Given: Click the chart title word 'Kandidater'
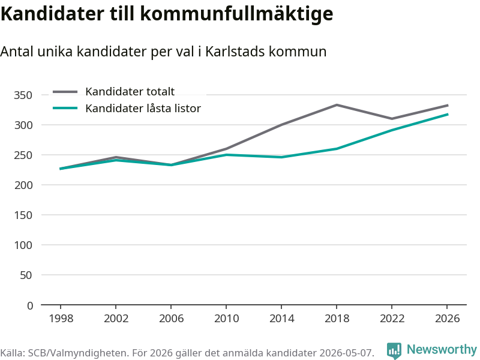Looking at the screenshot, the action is pos(52,14).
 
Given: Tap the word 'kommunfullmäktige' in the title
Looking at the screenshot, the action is pos(236,14).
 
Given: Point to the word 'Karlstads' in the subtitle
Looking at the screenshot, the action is pos(234,52).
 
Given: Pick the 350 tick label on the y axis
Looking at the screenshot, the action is pos(23,95).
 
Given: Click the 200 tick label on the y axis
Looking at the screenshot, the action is pos(23,185).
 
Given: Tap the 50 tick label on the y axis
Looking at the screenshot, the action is pos(26,275).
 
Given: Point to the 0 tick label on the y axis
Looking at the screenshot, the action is pos(29,305).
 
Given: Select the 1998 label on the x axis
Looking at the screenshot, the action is pos(61,319).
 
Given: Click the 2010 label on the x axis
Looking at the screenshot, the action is pos(226,319).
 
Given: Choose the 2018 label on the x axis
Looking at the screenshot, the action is pos(337,319).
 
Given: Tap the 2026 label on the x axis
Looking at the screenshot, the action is pos(447,319).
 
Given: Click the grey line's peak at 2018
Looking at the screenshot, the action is pos(337,105).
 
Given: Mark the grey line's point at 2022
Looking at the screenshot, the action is pos(392,119).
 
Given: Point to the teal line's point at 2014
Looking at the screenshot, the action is pos(281,157).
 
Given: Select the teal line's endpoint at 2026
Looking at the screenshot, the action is pos(448,115).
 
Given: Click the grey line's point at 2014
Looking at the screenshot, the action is pos(281,125).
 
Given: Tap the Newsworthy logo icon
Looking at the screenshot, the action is pos(394,350).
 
